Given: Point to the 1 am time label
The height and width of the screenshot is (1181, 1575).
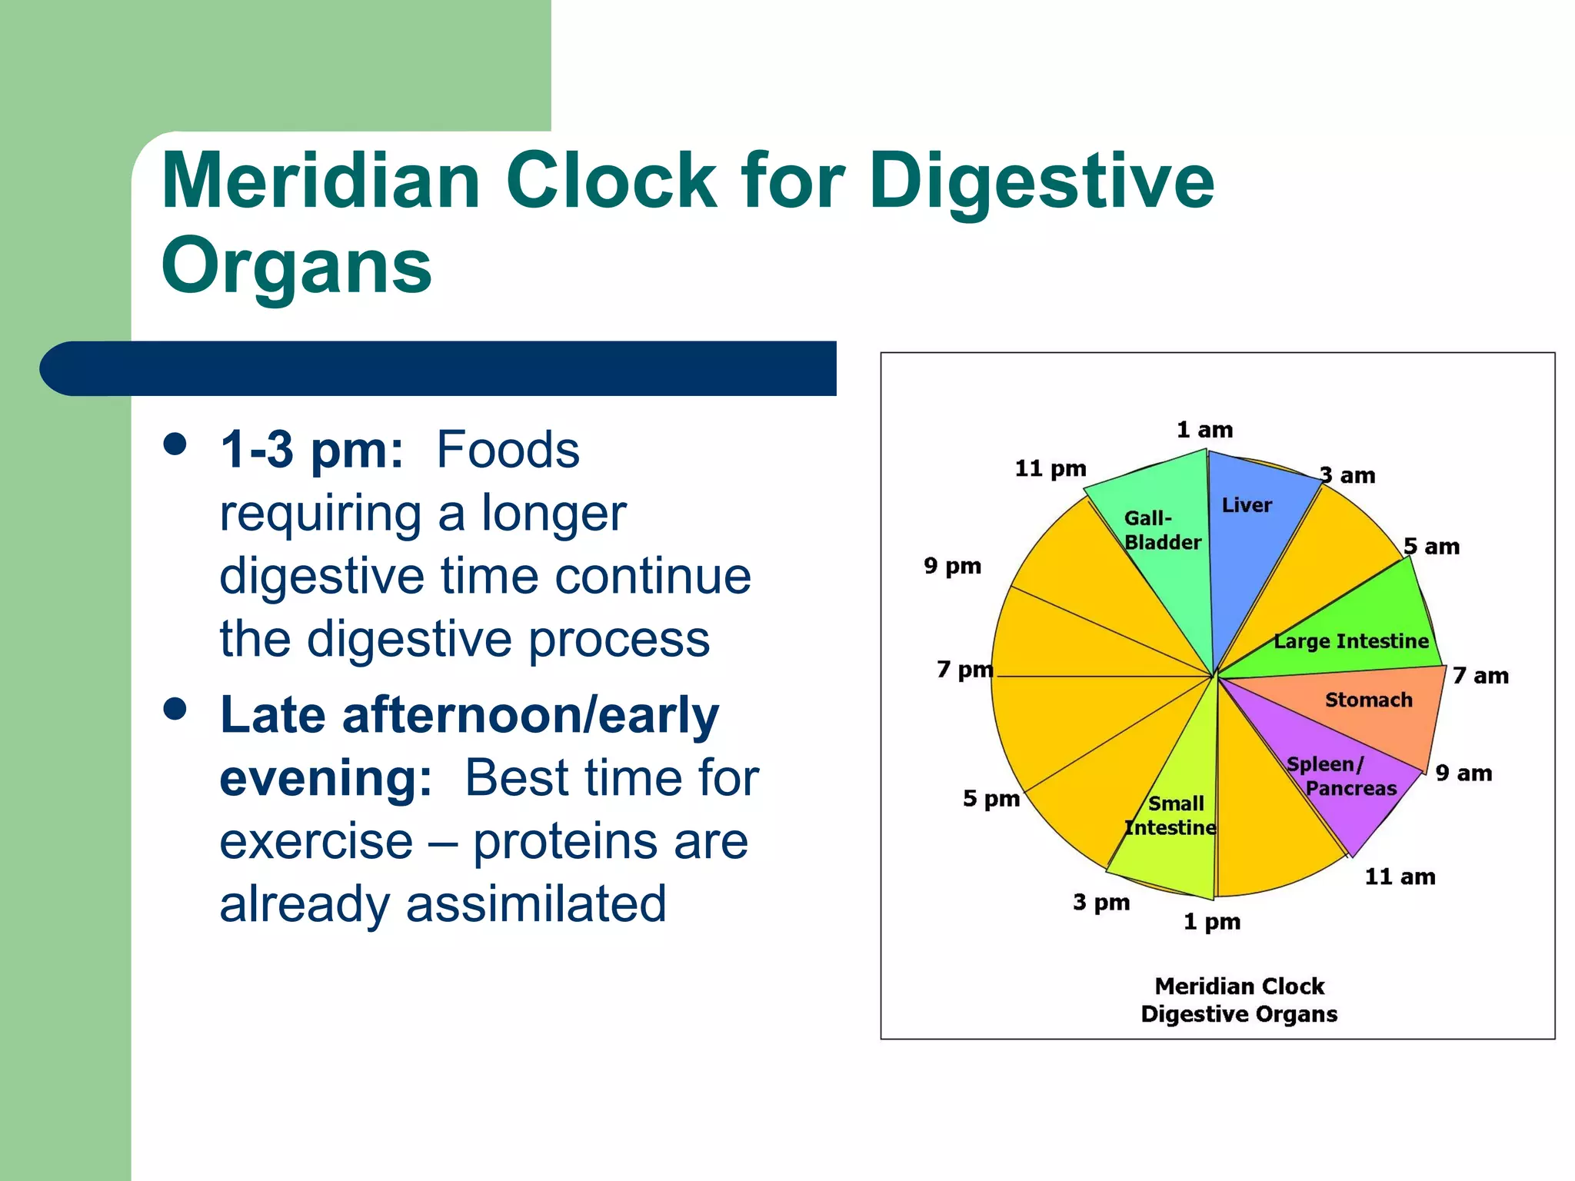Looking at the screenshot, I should pos(1204,430).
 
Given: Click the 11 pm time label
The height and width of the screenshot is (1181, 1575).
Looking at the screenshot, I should pos(1051,468).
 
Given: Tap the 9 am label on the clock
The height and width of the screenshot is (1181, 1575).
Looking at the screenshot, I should pos(1463,773).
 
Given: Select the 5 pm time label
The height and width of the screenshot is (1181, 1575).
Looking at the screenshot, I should pos(991,799).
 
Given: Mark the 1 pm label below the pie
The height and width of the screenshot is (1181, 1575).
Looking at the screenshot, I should pos(1211,921).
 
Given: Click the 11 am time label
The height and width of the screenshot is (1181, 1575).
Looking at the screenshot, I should pos(1400,877).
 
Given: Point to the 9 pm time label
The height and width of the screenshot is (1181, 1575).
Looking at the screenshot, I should pos(952,566).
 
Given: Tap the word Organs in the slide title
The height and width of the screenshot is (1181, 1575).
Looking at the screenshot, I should pos(296,266).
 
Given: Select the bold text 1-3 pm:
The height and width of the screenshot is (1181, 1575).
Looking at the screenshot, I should pos(311,450).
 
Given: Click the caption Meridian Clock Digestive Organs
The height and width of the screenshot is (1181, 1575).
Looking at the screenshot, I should pos(1239,1000).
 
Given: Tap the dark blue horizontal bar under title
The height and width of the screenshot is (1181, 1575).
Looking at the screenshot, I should pos(438,368).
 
